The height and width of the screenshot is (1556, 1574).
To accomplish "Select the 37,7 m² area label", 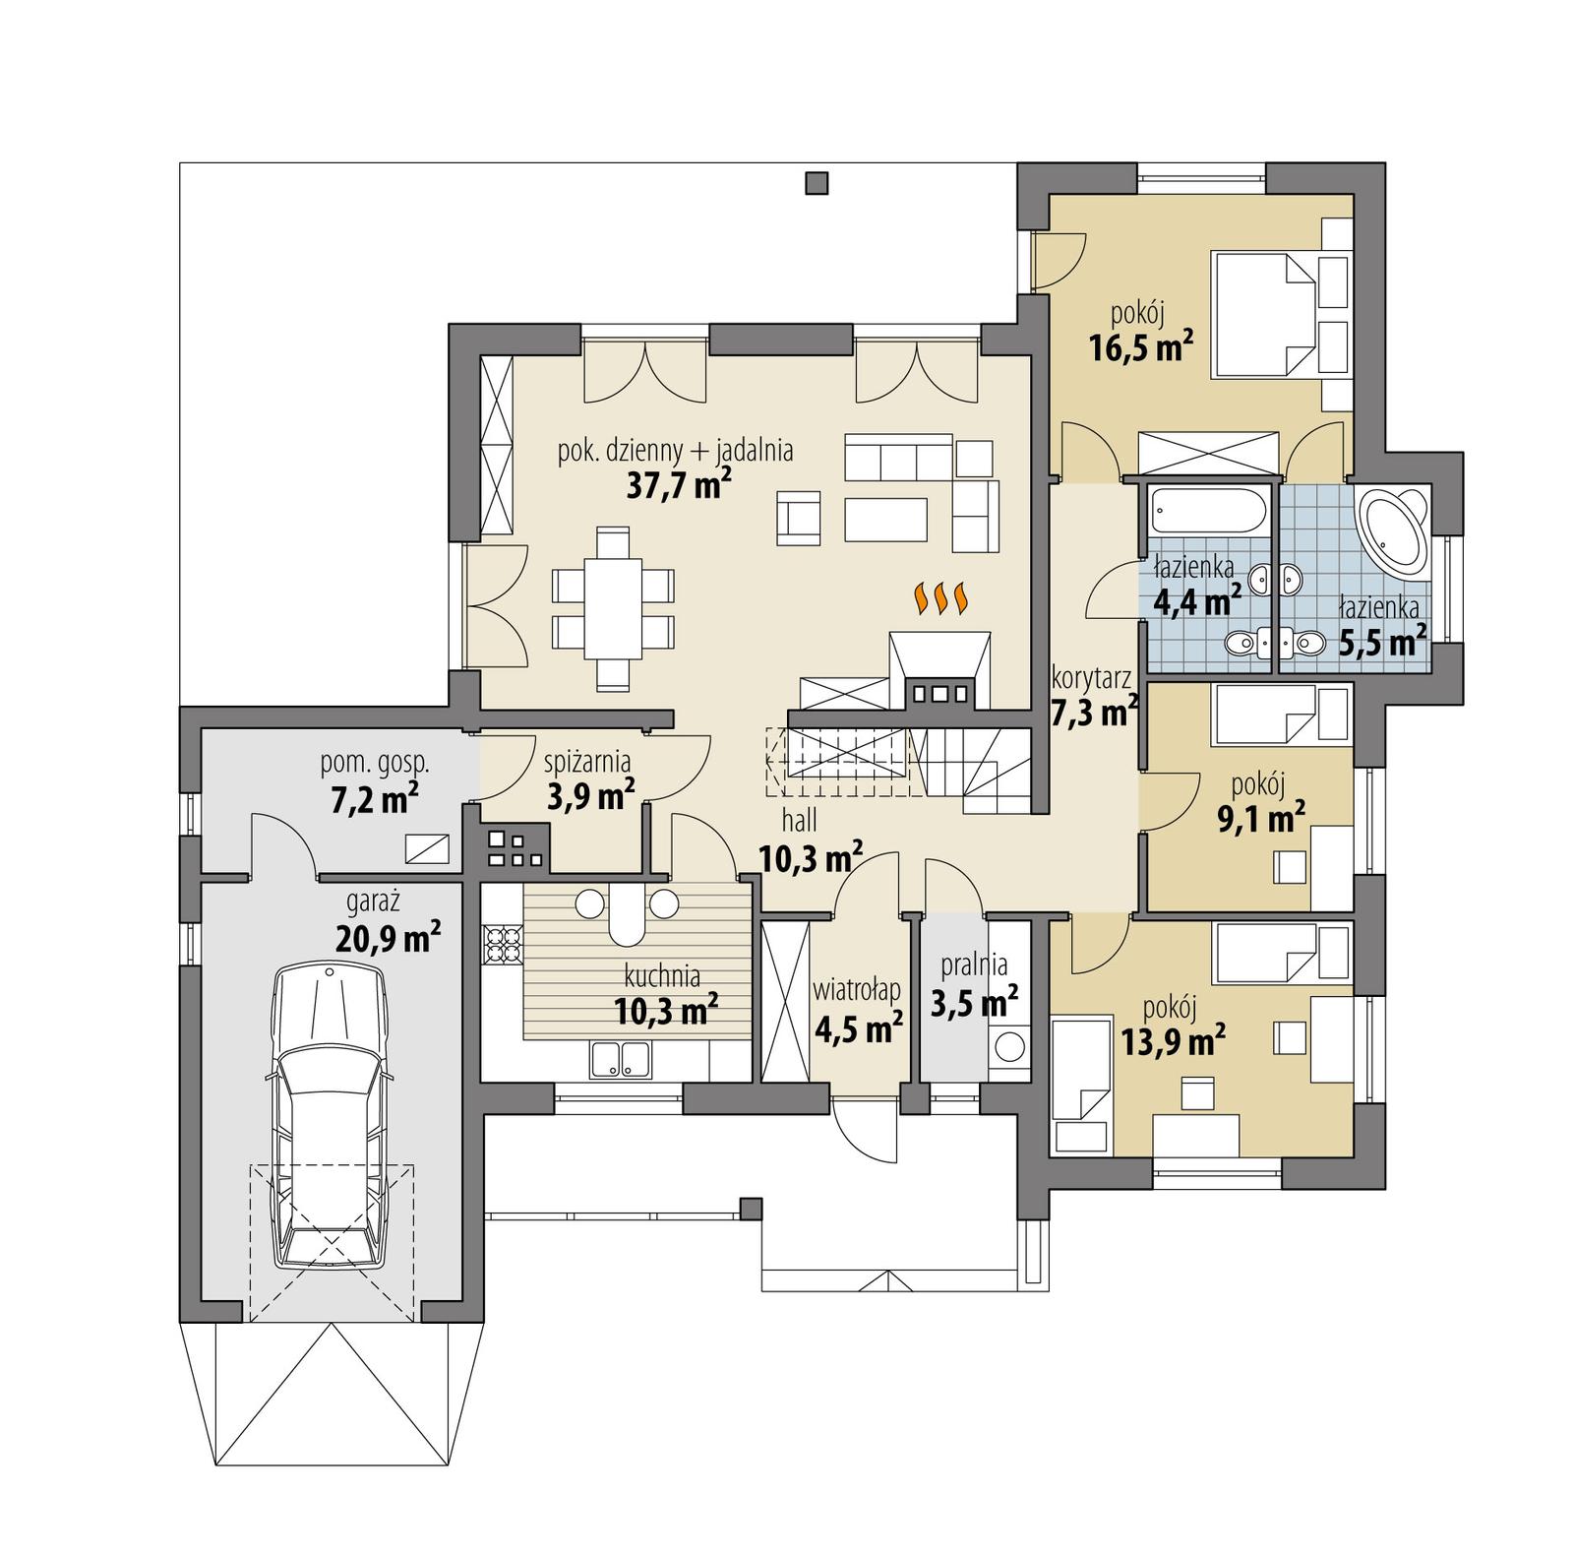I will [678, 485].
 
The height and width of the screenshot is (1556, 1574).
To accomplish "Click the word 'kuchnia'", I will [663, 976].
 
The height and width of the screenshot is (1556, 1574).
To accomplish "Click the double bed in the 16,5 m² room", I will [1265, 313].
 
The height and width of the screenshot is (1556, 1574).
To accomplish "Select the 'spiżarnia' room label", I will [589, 761].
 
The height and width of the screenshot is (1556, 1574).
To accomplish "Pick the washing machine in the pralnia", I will [1009, 1046].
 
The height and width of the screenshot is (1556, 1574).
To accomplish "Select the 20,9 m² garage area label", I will [386, 936].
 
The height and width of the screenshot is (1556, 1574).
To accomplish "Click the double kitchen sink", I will [620, 1060].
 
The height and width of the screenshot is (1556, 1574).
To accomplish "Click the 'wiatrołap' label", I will [858, 990].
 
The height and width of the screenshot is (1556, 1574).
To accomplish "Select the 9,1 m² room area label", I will [1261, 817].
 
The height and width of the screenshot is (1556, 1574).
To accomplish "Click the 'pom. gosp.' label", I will [374, 762].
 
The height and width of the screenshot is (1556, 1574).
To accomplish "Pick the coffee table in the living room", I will [885, 519].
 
